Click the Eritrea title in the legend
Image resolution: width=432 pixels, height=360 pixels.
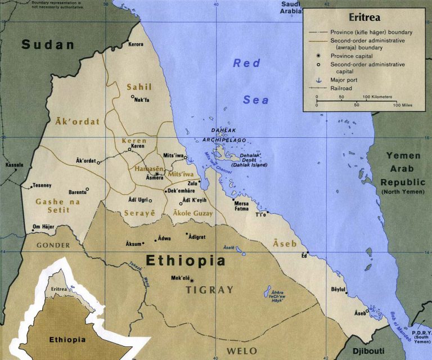[x=364, y=17]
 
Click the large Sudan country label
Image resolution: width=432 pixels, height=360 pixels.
[x=48, y=45]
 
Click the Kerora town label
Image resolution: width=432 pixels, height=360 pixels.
[x=136, y=44]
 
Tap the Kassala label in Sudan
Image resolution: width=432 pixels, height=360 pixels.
[x=15, y=165]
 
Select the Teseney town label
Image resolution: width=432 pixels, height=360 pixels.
[x=42, y=186]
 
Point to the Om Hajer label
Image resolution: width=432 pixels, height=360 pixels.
[x=43, y=227]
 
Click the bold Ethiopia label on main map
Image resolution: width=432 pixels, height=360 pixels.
[x=186, y=260]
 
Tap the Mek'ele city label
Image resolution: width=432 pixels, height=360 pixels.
[x=181, y=278]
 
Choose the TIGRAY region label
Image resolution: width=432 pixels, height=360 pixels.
[x=209, y=290]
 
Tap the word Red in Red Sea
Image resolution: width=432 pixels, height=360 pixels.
[x=247, y=63]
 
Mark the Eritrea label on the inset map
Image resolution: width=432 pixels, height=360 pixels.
[x=59, y=289]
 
